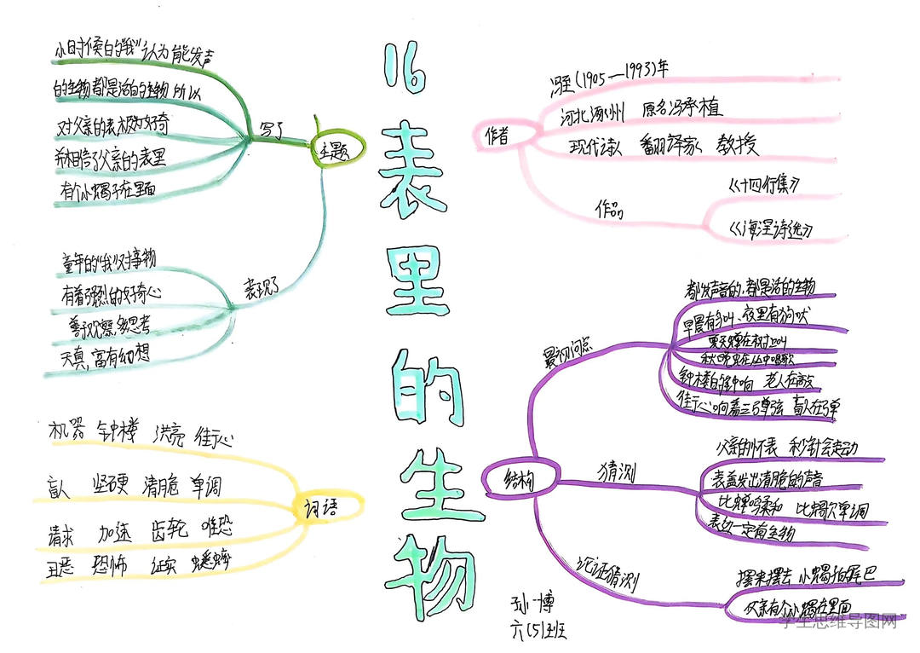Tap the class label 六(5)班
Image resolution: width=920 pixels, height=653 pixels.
537,632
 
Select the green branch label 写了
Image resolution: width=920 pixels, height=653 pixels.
272,130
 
